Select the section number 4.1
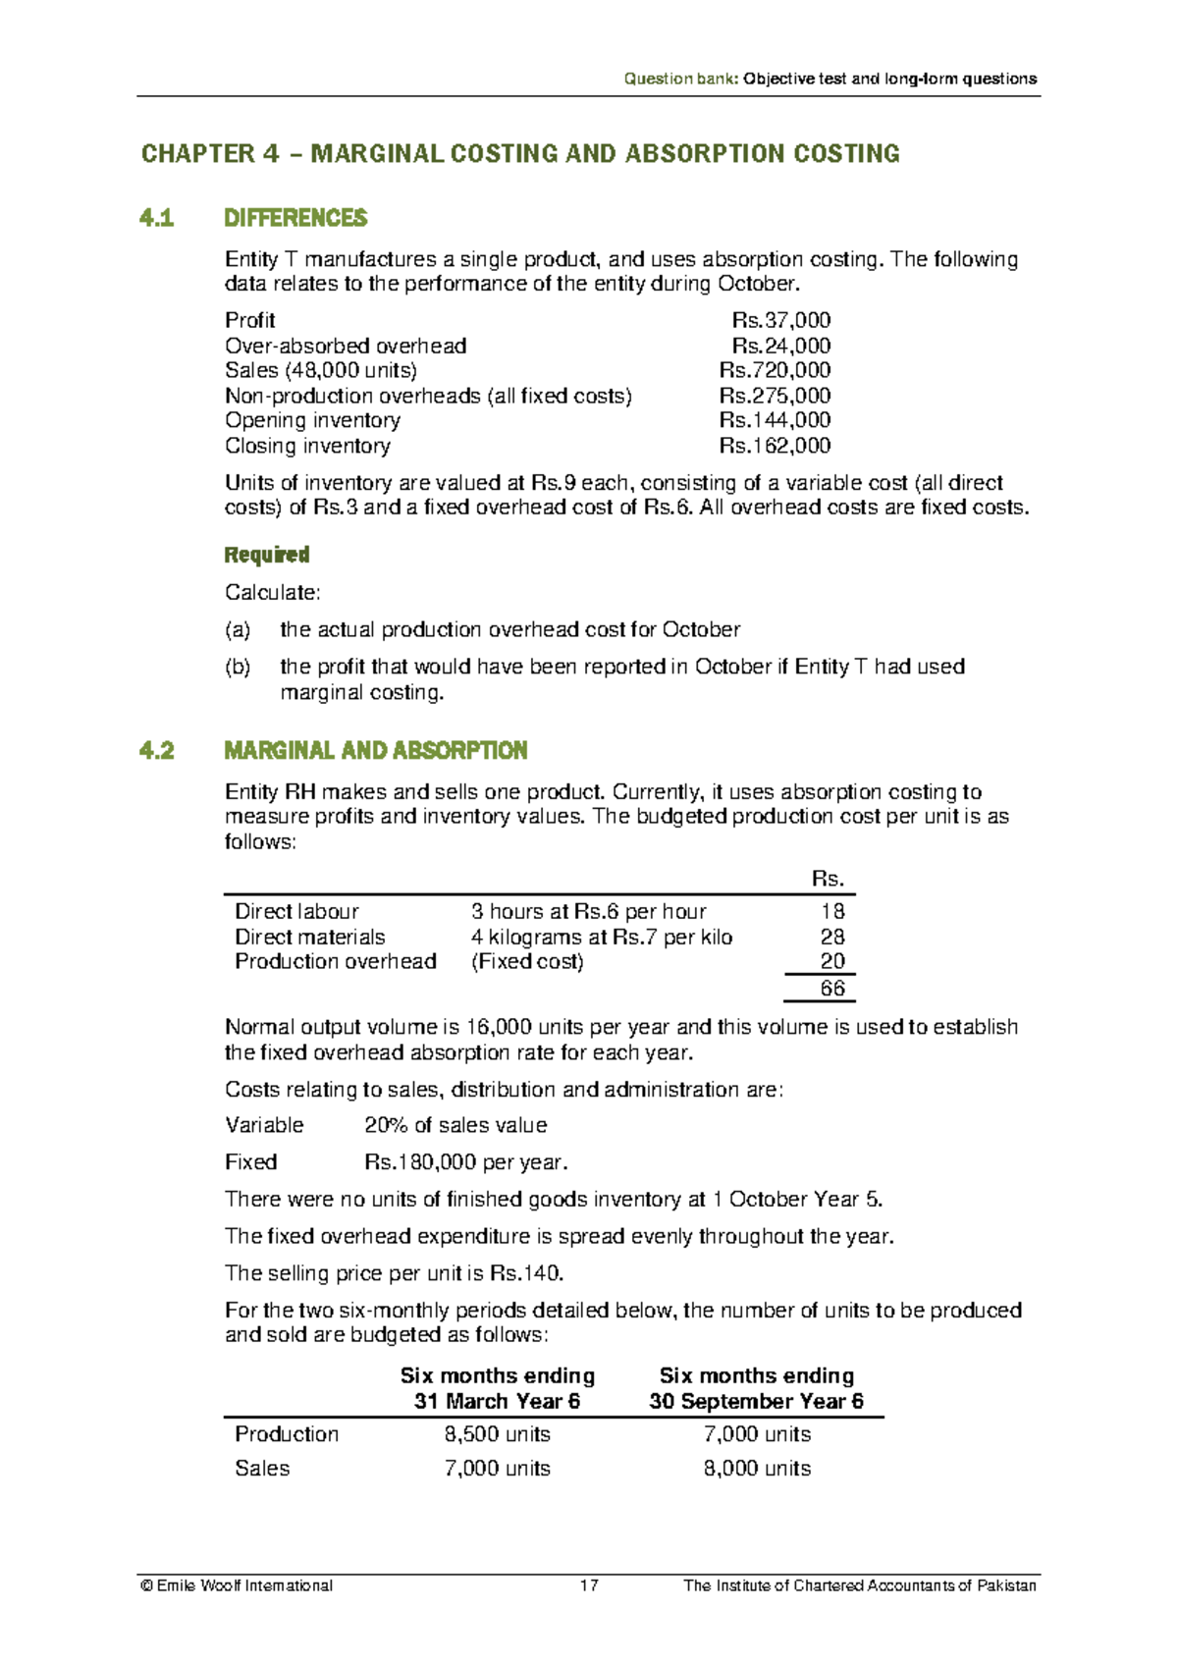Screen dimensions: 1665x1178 [x=157, y=218]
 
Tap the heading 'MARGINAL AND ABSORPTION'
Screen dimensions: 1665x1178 [x=376, y=751]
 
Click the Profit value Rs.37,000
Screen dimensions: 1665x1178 [x=781, y=320]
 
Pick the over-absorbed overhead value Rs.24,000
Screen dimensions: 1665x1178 [x=781, y=346]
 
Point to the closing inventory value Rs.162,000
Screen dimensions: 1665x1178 [x=775, y=446]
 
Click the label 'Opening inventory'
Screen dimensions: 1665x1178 [x=312, y=420]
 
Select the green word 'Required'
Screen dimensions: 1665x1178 [x=266, y=555]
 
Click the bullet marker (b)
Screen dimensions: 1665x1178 [x=238, y=667]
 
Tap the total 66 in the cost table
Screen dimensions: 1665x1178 [x=832, y=989]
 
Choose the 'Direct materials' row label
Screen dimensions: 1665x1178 [x=309, y=937]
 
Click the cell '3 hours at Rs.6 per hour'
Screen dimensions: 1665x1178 [x=588, y=911]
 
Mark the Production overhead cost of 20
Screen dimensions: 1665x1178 [x=832, y=961]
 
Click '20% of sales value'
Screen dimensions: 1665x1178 [x=455, y=1125]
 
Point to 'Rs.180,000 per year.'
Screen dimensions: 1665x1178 [x=466, y=1162]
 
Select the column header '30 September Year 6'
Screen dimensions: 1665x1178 [x=756, y=1401]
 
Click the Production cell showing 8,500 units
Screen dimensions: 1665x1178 [x=497, y=1434]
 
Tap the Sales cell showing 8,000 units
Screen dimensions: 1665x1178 [x=757, y=1469]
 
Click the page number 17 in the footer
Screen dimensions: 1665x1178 [x=589, y=1585]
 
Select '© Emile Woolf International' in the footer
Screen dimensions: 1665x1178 [x=237, y=1585]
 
